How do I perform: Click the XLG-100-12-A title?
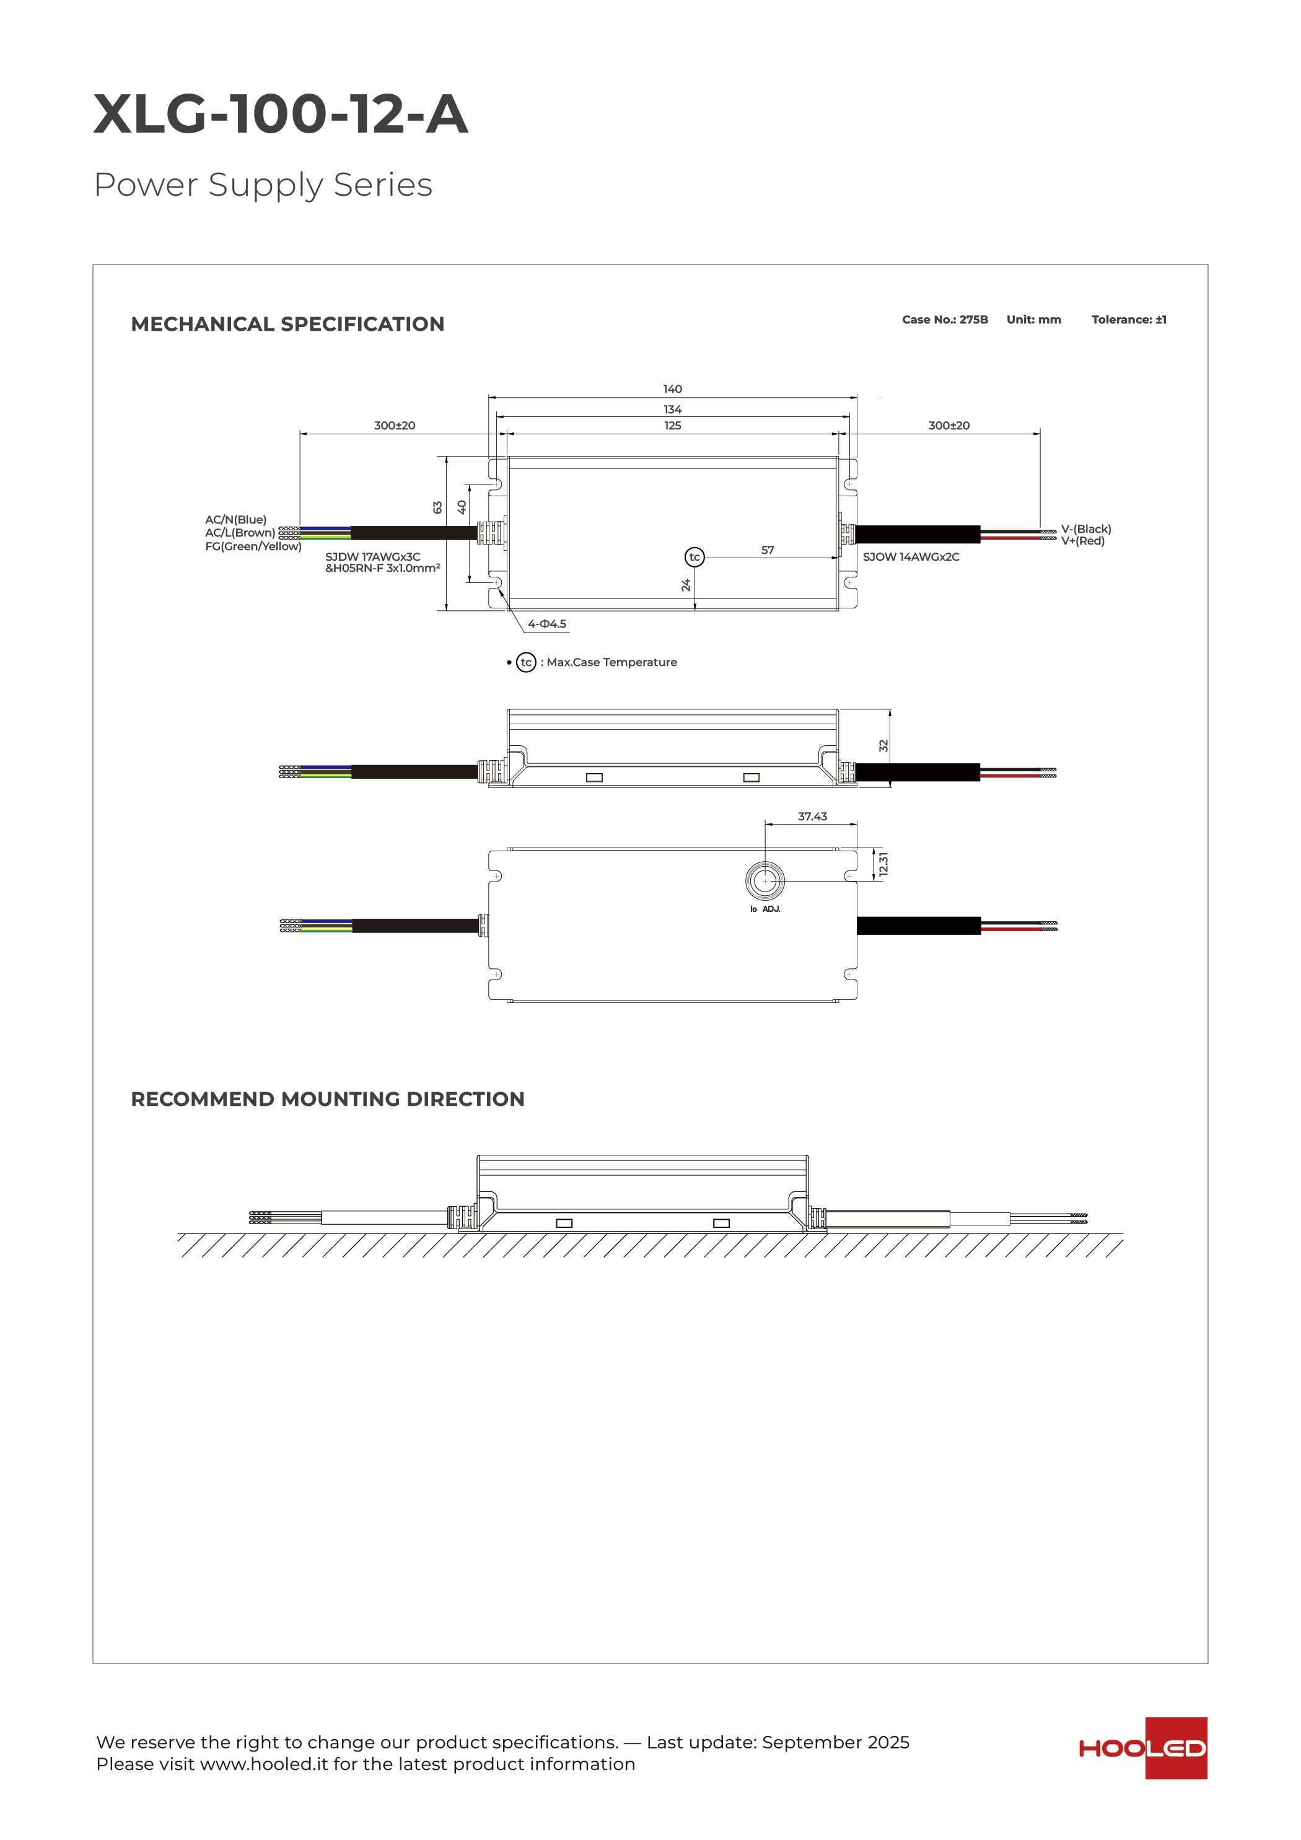[x=281, y=114]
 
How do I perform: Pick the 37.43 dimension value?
[x=812, y=816]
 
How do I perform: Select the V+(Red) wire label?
[x=1082, y=541]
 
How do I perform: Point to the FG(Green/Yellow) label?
[x=253, y=546]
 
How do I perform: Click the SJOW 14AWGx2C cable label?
[x=911, y=557]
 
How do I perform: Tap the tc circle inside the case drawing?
[x=694, y=557]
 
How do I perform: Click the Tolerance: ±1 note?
[x=1128, y=320]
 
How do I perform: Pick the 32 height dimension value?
[x=883, y=745]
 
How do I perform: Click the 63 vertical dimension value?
[x=437, y=507]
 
